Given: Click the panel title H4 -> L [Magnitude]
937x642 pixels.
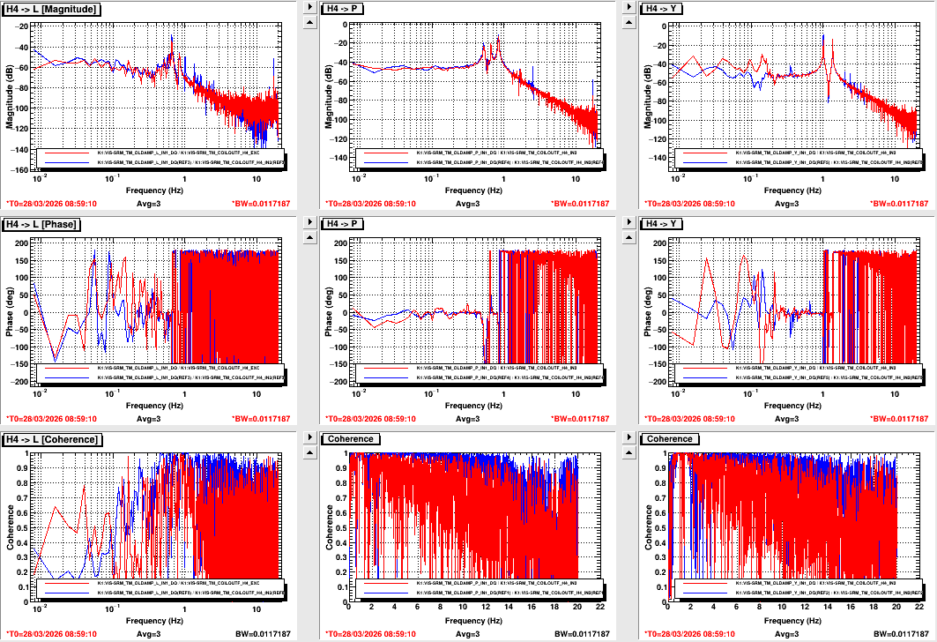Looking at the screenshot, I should [x=52, y=9].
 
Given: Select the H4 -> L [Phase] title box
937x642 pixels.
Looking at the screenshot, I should [x=43, y=224].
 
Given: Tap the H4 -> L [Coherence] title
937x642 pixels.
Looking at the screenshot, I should [x=52, y=439].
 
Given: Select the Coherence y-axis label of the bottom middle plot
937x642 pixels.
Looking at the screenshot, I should [x=329, y=526].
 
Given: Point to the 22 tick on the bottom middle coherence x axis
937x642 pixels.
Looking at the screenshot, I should [x=600, y=607].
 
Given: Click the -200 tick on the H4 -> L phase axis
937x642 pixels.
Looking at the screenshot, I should [x=20, y=383].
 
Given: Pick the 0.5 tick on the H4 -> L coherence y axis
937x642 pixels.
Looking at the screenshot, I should [x=24, y=515].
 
